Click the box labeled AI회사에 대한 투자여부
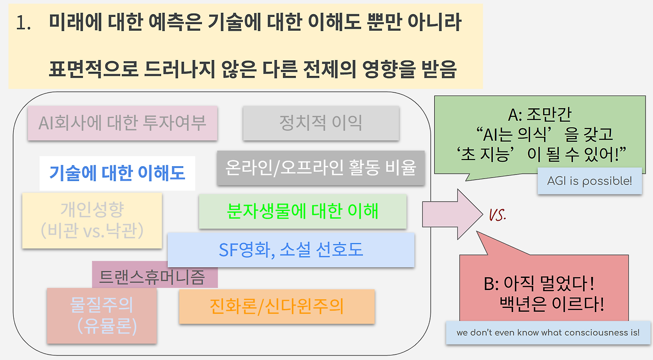(122, 123)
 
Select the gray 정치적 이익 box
(320, 123)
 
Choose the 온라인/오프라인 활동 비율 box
(321, 167)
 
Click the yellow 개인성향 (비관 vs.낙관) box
(92, 220)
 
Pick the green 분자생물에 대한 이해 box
(303, 211)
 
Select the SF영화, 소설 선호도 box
(291, 250)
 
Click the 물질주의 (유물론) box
(102, 316)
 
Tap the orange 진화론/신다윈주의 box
(277, 306)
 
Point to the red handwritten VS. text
(497, 215)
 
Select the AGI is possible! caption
(589, 181)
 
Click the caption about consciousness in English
(548, 333)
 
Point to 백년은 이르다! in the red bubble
(552, 304)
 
